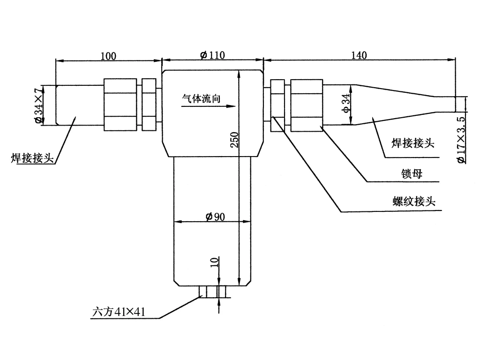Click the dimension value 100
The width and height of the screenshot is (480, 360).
(108, 56)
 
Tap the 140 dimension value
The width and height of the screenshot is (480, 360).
(359, 55)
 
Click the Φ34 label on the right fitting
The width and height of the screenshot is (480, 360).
(345, 103)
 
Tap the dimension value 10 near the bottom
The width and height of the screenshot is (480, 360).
(214, 262)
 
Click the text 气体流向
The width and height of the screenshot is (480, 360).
(201, 98)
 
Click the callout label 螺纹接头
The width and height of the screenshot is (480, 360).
(414, 202)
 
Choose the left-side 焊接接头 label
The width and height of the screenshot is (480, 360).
(32, 157)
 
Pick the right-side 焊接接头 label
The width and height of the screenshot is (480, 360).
(412, 143)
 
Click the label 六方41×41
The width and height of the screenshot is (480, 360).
(119, 311)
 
